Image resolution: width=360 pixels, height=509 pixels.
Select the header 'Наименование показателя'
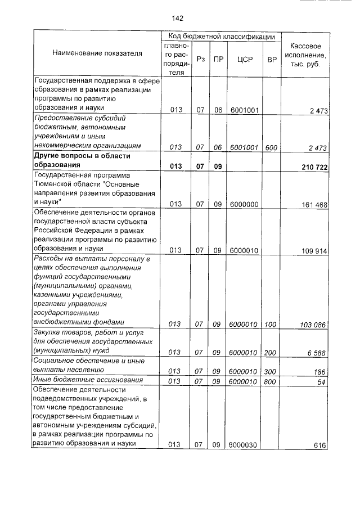click(97, 53)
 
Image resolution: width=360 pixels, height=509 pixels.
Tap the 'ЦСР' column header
click(244, 58)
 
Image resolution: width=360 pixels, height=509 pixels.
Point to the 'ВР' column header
click(272, 58)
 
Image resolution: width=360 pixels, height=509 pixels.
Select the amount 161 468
click(314, 205)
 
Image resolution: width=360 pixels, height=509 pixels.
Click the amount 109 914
click(314, 251)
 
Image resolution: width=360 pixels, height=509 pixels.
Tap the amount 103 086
click(314, 325)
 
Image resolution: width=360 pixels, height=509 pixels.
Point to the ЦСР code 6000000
click(244, 205)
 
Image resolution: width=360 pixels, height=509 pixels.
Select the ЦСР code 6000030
click(243, 445)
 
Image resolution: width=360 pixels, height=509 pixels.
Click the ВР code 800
click(271, 382)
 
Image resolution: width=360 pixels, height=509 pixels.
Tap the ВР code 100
click(271, 325)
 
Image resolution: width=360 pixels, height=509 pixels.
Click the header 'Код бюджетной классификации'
click(222, 36)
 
